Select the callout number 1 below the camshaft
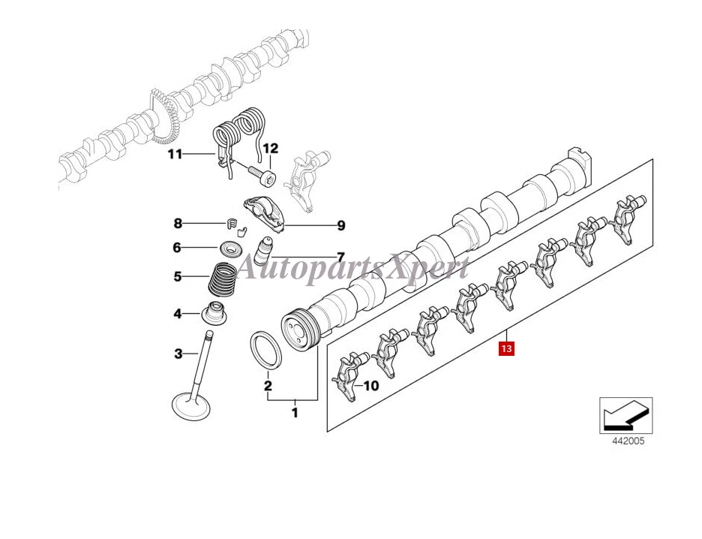click(295, 412)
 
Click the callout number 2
click(267, 386)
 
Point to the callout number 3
click(178, 353)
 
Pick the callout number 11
click(175, 155)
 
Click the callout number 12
click(269, 148)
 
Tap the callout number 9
click(340, 224)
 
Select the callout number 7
click(340, 256)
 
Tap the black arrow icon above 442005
click(625, 415)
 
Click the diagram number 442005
click(625, 441)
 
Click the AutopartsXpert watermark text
click(352, 268)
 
